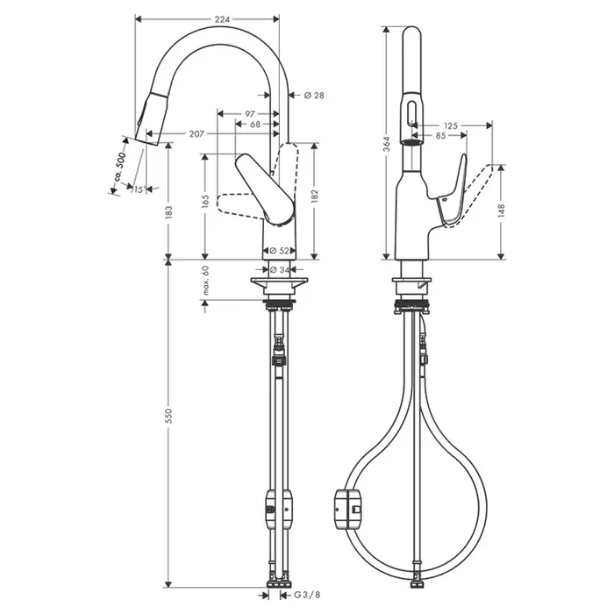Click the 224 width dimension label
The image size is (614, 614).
(222, 19)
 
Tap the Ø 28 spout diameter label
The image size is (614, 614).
(314, 95)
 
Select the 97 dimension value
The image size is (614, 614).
(250, 114)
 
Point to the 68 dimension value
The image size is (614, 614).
(255, 125)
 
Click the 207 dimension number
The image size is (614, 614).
(196, 134)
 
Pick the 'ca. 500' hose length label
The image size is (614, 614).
(120, 168)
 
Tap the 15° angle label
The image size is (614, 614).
(139, 190)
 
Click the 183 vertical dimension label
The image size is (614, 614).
(168, 212)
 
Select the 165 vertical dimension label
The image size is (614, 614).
(205, 200)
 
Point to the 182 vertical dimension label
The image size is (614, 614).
(314, 196)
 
